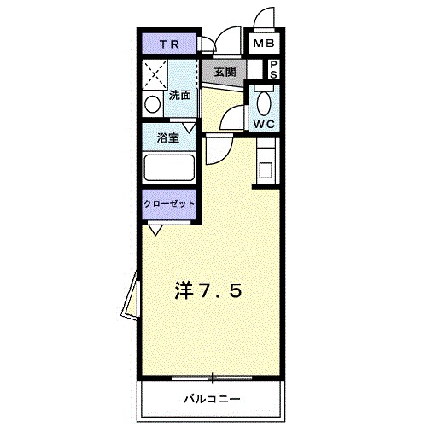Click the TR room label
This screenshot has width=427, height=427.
pos(169,44)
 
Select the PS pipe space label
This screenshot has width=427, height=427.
pos(274,70)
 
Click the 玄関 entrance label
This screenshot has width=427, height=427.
pos(225,71)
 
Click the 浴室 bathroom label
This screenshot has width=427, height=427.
pos(167,138)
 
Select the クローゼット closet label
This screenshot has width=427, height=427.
pos(169,204)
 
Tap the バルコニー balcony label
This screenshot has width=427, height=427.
pos(210,399)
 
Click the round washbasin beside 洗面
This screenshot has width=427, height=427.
pos(152,105)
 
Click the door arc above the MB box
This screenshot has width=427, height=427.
pos(265,19)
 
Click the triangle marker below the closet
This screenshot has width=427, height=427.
pos(155,229)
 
